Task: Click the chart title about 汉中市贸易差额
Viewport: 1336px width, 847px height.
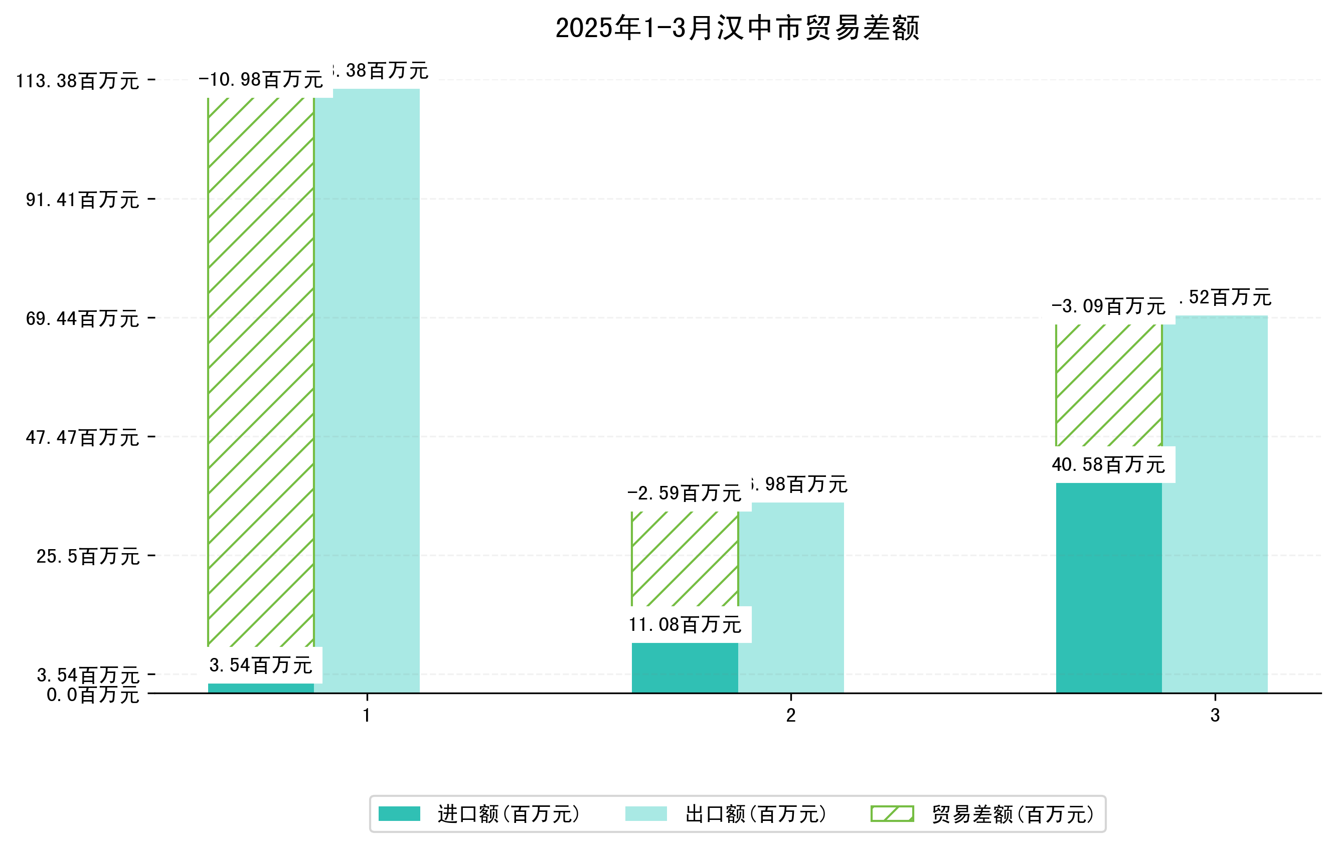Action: click(737, 28)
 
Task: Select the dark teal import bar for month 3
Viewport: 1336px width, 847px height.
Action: click(1108, 588)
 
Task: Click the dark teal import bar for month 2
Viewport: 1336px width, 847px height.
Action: click(685, 668)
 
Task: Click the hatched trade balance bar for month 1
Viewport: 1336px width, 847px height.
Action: click(261, 372)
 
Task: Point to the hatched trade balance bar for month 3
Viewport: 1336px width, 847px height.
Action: click(1108, 385)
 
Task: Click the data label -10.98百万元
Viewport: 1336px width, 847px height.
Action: click(261, 80)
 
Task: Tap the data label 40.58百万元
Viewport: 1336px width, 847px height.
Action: click(1108, 465)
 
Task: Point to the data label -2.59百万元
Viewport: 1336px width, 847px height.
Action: click(685, 493)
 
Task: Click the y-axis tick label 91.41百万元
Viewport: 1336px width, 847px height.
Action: click(82, 200)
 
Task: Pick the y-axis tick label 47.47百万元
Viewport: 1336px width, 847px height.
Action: click(82, 438)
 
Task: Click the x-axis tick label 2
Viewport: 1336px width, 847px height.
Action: click(790, 716)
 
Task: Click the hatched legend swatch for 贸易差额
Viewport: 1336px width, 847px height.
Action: click(892, 814)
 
